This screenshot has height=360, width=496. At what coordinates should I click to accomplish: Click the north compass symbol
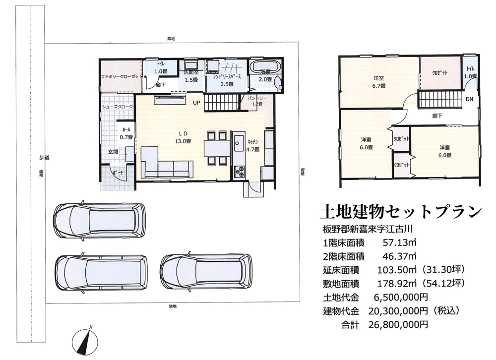pyautogui.click(x=84, y=342)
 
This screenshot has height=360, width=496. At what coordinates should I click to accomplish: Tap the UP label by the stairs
pyautogui.click(x=197, y=103)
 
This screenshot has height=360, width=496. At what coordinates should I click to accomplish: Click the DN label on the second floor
pyautogui.click(x=469, y=99)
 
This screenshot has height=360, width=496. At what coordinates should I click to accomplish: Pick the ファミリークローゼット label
pyautogui.click(x=121, y=77)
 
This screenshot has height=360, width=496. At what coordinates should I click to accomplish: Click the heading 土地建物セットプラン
pyautogui.click(x=401, y=212)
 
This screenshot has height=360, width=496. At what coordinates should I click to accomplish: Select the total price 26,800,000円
pyautogui.click(x=398, y=325)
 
